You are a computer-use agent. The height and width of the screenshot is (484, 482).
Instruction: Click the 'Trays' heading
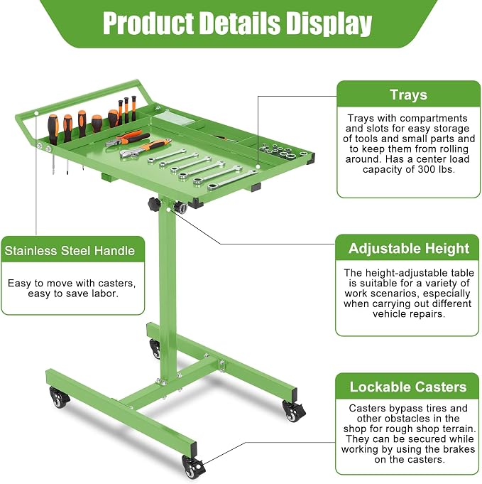(408, 95)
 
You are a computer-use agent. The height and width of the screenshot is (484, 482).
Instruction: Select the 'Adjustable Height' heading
(409, 249)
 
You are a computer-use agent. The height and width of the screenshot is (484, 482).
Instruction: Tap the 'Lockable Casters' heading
(408, 387)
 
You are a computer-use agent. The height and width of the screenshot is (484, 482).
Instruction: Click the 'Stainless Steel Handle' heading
(70, 251)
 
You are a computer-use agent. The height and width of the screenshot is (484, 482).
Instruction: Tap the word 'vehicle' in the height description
(389, 314)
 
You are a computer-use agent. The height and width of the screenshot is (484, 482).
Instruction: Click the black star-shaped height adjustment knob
(154, 204)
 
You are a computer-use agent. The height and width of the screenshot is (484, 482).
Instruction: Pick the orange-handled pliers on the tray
(127, 138)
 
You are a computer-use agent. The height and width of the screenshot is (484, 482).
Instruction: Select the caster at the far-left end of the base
(59, 397)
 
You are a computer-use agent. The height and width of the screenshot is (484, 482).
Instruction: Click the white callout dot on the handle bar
(36, 113)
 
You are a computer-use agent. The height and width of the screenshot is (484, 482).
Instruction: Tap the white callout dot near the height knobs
(168, 210)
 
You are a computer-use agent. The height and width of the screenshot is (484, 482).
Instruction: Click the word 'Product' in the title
(148, 23)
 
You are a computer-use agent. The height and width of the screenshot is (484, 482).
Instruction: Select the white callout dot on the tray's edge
(258, 167)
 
